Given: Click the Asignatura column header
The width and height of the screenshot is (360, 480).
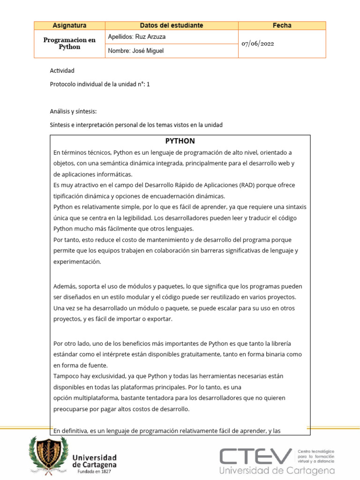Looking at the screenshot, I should tap(69, 25).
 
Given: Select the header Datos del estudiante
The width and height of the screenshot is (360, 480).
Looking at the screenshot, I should tap(172, 25).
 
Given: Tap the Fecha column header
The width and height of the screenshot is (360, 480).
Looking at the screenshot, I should tap(282, 25).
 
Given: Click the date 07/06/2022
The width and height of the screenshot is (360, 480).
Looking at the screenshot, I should tap(258, 44).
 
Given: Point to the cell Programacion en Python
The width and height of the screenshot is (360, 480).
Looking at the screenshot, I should tap(69, 44).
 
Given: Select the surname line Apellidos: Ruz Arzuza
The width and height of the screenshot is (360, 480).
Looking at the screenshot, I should tap(137, 37).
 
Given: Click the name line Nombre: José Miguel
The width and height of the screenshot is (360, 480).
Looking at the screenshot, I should tap(136, 51).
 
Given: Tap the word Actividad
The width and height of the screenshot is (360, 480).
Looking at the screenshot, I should tap(62, 71).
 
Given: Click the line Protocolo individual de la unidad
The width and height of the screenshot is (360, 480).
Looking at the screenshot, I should tap(100, 84).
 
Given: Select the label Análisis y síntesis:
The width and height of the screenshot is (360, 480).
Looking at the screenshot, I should tap(73, 112).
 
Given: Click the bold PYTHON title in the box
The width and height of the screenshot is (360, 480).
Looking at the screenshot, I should tap(180, 141).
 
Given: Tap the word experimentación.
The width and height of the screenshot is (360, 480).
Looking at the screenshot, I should tap(77, 262).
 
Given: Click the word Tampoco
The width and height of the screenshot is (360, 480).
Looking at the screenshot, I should tap(67, 376).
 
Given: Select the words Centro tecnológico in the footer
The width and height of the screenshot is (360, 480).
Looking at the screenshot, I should tap(316, 450).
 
